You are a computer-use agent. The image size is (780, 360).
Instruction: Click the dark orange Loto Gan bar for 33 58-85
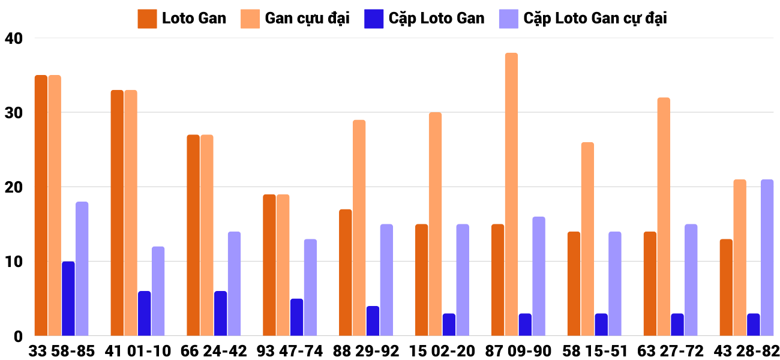click(x=41, y=205)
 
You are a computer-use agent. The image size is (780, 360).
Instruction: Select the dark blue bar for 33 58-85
click(x=68, y=298)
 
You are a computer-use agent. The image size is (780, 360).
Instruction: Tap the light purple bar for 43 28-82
click(x=767, y=257)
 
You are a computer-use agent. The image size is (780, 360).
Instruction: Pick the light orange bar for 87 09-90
click(x=511, y=194)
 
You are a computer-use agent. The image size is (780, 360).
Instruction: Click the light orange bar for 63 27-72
click(x=664, y=217)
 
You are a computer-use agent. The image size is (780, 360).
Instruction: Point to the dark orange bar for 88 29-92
click(x=346, y=272)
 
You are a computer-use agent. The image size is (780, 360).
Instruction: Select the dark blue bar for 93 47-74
click(x=296, y=317)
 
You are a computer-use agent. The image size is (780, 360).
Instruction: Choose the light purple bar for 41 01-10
click(x=158, y=291)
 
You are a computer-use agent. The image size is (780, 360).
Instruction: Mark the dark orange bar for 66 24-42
click(x=193, y=235)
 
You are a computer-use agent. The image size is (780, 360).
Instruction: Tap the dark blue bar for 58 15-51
click(x=601, y=324)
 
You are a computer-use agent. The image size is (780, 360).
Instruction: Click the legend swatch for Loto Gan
click(x=147, y=19)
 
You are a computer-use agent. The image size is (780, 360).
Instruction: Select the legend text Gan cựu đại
click(x=307, y=19)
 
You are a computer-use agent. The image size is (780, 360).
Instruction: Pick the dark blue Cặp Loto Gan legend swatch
click(x=373, y=19)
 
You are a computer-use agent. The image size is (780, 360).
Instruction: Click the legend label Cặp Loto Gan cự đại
click(x=595, y=19)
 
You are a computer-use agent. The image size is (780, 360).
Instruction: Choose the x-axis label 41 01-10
click(x=137, y=351)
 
